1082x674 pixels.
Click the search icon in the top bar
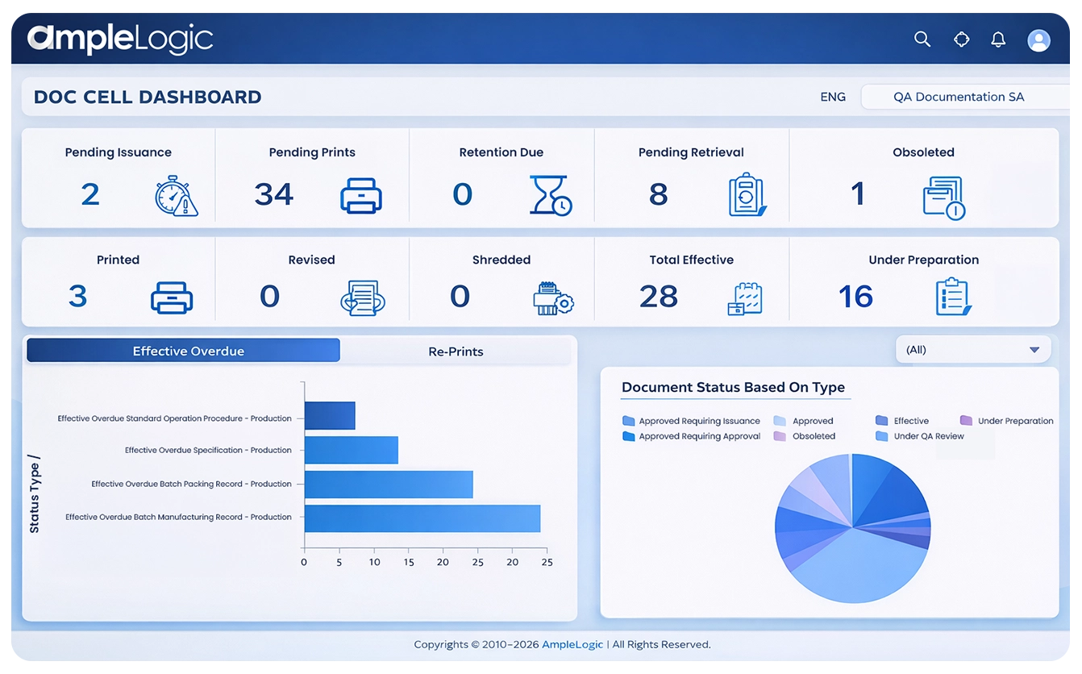[922, 39]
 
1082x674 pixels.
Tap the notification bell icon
[998, 40]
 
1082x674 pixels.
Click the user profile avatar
[1038, 40]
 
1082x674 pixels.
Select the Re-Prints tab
[456, 352]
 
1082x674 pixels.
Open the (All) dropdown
[973, 350]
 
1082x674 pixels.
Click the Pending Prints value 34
[274, 194]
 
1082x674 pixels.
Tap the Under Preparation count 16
[855, 297]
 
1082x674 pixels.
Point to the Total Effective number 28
[659, 297]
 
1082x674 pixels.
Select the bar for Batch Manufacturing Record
[422, 518]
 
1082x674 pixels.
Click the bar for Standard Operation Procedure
[330, 416]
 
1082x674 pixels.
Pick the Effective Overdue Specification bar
[351, 450]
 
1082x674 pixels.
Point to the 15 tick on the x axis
[410, 562]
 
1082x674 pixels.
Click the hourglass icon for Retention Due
[551, 195]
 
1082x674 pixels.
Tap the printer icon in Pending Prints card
[360, 195]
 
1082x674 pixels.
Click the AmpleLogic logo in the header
[120, 39]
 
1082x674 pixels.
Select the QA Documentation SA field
[958, 97]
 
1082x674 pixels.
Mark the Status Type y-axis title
[34, 494]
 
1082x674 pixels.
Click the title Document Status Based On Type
[733, 387]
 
